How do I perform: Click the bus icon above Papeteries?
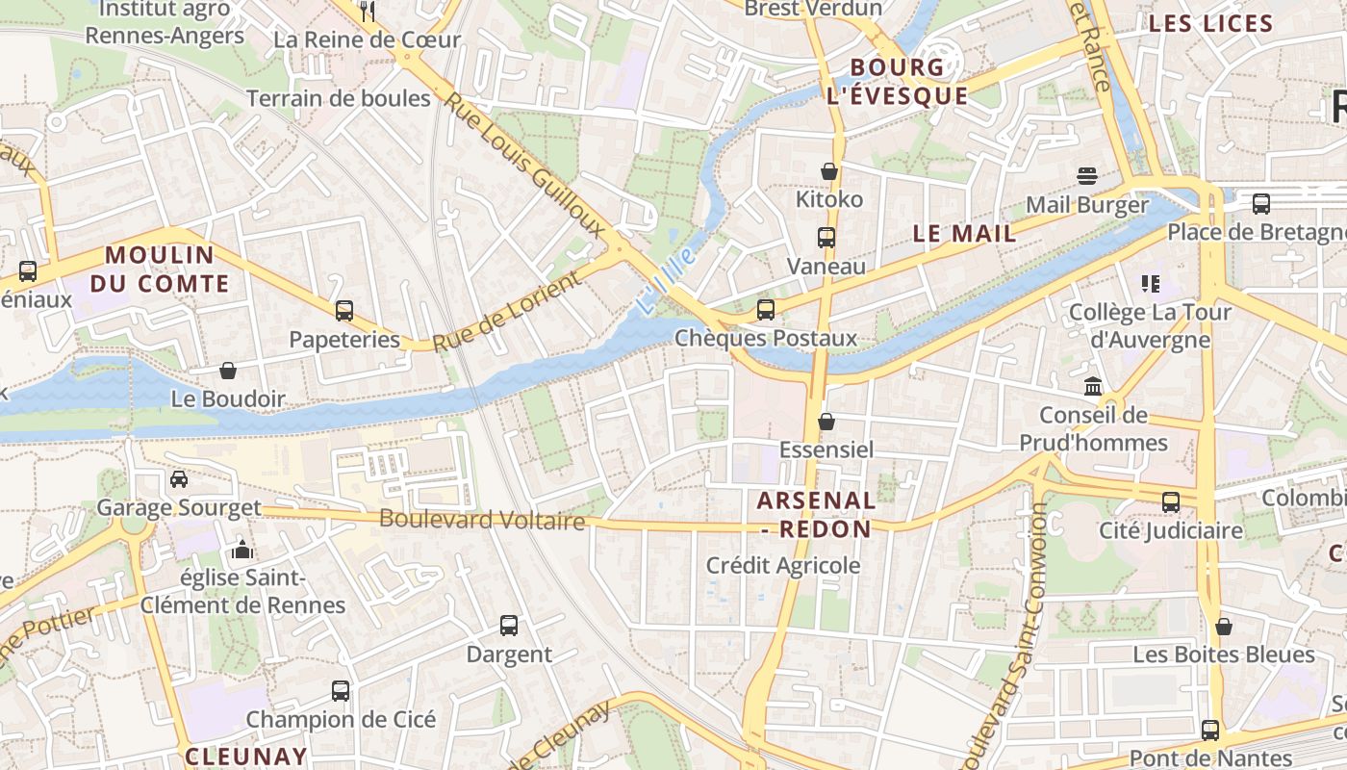pyautogui.click(x=344, y=311)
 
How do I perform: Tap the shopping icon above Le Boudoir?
pyautogui.click(x=228, y=371)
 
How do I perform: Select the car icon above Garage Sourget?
pyautogui.click(x=179, y=479)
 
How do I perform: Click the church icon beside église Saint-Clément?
pyautogui.click(x=241, y=551)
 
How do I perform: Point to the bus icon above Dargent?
pyautogui.click(x=509, y=626)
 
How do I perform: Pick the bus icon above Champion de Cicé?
pyautogui.click(x=341, y=691)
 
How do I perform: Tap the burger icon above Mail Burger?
pyautogui.click(x=1087, y=176)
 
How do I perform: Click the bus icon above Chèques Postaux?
pyautogui.click(x=766, y=310)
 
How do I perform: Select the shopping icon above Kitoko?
pyautogui.click(x=829, y=171)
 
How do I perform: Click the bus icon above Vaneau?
pyautogui.click(x=826, y=238)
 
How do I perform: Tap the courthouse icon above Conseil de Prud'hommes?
pyautogui.click(x=1093, y=387)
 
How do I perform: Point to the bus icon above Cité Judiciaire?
pyautogui.click(x=1171, y=502)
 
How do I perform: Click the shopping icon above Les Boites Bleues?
pyautogui.click(x=1224, y=627)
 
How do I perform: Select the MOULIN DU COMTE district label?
pyautogui.click(x=160, y=269)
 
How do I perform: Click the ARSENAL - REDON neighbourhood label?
pyautogui.click(x=816, y=514)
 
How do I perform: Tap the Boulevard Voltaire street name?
pyautogui.click(x=482, y=520)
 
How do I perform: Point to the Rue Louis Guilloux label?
pyautogui.click(x=526, y=165)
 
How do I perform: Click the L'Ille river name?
pyautogui.click(x=665, y=280)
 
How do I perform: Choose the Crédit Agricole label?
pyautogui.click(x=783, y=565)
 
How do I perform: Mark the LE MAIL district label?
pyautogui.click(x=964, y=233)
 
